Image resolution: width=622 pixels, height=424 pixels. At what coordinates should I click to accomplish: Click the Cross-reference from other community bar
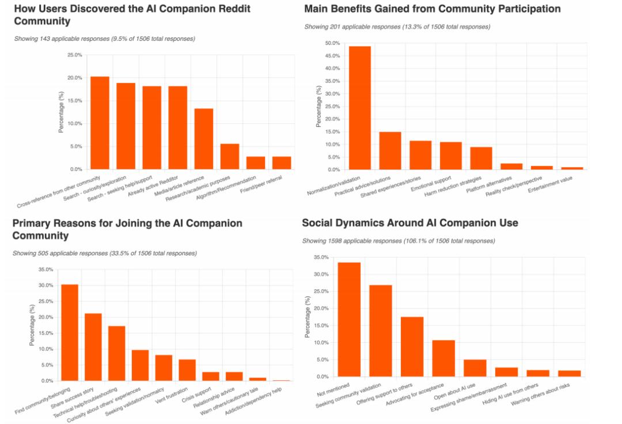[100, 123]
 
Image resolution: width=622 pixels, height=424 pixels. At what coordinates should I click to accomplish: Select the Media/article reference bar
[204, 139]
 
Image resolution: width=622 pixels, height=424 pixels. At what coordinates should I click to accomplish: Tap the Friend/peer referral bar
[282, 163]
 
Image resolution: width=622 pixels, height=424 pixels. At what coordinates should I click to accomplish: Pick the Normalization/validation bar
[360, 108]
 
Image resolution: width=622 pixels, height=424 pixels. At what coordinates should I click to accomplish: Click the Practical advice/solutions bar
[390, 150]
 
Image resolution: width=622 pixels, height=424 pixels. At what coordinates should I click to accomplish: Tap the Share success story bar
[93, 347]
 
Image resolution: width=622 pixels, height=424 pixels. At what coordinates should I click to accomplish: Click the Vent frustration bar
[187, 370]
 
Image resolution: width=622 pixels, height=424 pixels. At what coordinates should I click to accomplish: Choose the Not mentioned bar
[349, 319]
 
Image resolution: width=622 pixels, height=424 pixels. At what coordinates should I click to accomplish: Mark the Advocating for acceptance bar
[443, 358]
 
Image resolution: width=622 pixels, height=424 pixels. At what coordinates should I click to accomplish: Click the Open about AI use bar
[475, 368]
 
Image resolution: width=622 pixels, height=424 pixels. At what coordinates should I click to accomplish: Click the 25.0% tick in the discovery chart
[74, 55]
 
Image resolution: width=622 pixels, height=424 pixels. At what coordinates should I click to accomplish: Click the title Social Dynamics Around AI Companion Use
[410, 223]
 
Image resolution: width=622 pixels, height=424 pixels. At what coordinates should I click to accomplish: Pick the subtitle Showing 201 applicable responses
[397, 27]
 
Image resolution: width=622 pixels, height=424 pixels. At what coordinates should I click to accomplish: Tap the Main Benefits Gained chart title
[432, 9]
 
